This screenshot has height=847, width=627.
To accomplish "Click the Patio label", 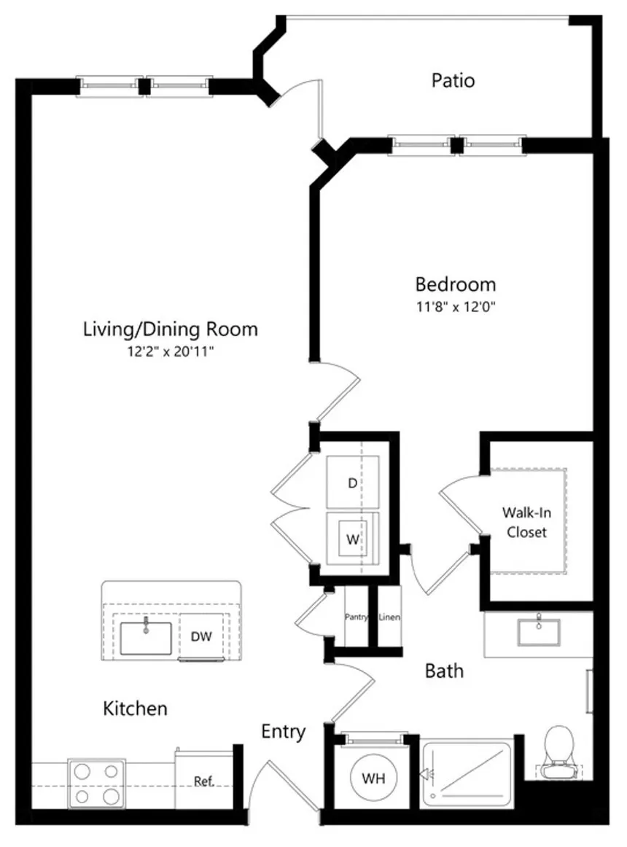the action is tap(453, 80).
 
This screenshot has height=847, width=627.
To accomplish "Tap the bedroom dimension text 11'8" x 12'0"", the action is tap(456, 307).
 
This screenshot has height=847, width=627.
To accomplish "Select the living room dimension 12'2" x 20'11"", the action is tap(171, 351).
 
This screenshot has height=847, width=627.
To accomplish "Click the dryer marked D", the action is tap(352, 483).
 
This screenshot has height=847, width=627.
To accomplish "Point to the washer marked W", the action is tap(352, 539).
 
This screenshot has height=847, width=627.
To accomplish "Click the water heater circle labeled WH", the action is tap(373, 778).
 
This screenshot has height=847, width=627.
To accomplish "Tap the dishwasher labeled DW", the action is tap(201, 636).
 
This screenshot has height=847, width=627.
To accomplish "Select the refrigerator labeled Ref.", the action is tap(203, 780).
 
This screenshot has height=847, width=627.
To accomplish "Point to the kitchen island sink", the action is tap(145, 637).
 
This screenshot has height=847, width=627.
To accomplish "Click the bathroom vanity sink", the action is tap(538, 631).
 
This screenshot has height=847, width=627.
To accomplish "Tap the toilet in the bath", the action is tap(559, 753).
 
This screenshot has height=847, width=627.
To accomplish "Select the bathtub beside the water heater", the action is tap(467, 775).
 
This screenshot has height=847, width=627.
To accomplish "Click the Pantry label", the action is tap(357, 617).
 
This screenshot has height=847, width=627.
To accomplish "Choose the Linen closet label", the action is tap(389, 617).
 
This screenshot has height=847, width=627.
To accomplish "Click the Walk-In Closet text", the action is tap(526, 523).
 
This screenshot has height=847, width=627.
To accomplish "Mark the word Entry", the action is tap(283, 732).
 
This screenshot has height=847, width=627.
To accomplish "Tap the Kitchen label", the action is tap(135, 709).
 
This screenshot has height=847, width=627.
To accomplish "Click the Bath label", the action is tap(444, 671).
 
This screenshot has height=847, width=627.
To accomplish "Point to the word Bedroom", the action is tap(456, 284).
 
